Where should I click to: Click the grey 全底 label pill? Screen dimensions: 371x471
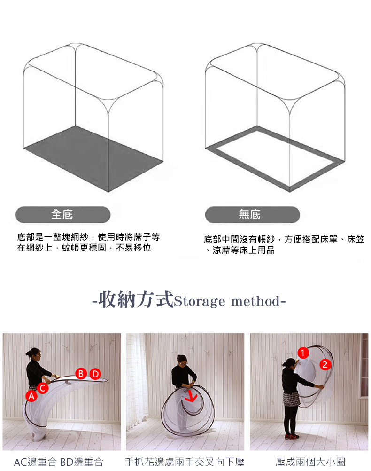click(63, 214)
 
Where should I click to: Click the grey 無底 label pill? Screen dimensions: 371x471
click(253, 214)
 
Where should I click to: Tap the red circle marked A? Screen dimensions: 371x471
click(31, 396)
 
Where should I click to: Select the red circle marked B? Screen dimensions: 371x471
click(81, 373)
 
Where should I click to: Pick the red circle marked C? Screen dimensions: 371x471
click(43, 388)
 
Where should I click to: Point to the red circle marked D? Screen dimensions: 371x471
click(95, 374)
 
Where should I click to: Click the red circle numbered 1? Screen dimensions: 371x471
click(303, 353)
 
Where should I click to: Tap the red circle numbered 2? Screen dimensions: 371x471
click(325, 364)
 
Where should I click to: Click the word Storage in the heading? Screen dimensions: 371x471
click(199, 301)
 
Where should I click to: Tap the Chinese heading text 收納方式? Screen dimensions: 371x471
click(136, 299)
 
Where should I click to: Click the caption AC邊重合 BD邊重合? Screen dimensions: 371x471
click(59, 462)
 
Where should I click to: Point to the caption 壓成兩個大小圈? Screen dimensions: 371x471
click(310, 462)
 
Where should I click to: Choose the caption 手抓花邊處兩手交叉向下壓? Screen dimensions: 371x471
click(185, 462)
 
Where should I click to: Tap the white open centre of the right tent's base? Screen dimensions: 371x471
click(275, 158)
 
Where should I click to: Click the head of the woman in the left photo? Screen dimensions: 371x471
click(35, 354)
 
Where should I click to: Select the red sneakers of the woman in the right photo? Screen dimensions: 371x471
click(291, 436)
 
